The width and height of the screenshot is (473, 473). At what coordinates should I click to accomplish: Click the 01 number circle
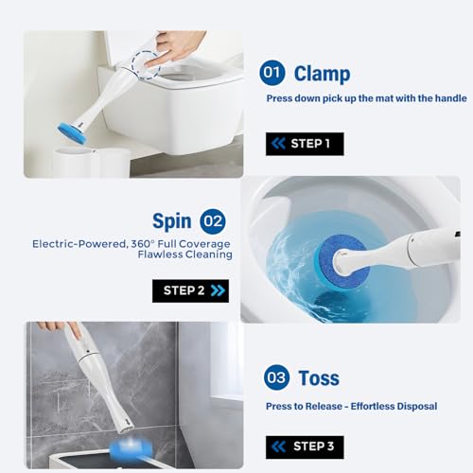272,73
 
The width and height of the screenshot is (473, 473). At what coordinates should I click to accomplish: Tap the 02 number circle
213,221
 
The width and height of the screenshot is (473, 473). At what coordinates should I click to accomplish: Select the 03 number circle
276,377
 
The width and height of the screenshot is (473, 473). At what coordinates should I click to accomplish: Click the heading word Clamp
322,75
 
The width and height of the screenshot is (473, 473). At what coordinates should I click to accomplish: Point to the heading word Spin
172,221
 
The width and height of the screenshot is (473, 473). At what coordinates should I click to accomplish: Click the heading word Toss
319,378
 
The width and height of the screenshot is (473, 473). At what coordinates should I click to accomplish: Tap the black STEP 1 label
305,144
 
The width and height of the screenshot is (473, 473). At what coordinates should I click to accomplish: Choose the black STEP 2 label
190,290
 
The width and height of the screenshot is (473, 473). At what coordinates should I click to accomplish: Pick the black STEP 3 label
305,447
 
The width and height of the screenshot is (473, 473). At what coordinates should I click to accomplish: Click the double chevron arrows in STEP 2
218,290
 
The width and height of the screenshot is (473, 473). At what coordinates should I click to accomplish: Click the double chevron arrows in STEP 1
278,144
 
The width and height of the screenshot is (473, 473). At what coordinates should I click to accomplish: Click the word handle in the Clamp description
450,98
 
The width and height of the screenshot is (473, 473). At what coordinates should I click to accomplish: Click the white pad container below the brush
92,164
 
